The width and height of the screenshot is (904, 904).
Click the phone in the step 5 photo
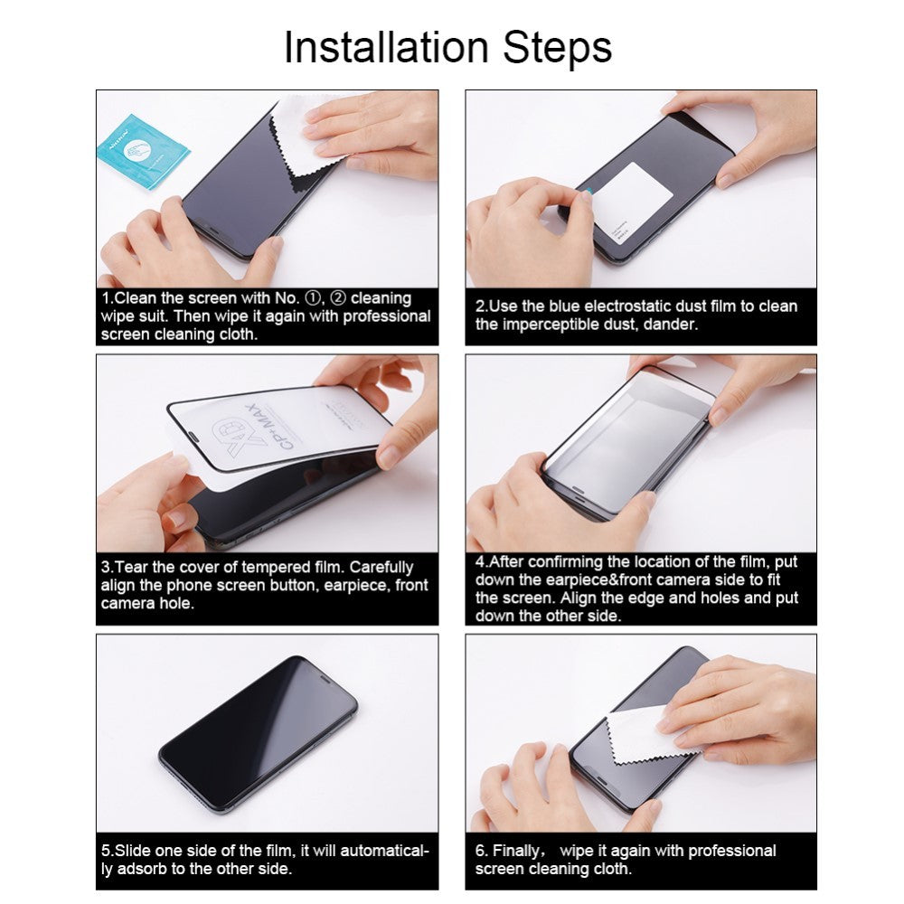pos(258,732)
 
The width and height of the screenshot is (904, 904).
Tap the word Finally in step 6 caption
pos(520,851)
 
